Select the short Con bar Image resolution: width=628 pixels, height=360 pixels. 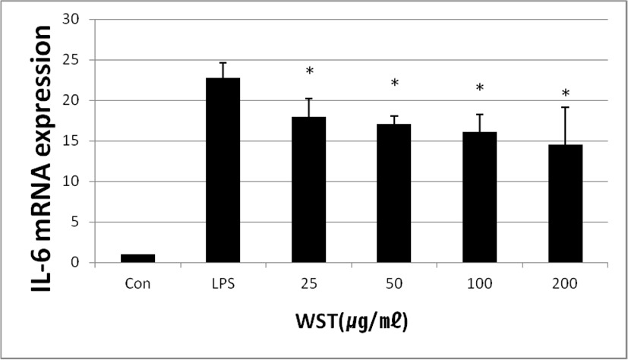[x=137, y=258]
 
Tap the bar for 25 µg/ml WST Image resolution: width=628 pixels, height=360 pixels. [x=309, y=190]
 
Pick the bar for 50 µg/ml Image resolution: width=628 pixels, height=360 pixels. [x=394, y=194]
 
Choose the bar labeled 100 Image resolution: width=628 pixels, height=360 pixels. [x=479, y=197]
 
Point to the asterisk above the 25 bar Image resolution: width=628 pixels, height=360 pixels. [x=309, y=72]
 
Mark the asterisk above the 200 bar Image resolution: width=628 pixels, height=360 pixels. [x=565, y=95]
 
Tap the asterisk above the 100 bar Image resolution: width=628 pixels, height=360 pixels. [x=479, y=89]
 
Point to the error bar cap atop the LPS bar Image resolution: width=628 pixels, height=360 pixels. [x=223, y=62]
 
